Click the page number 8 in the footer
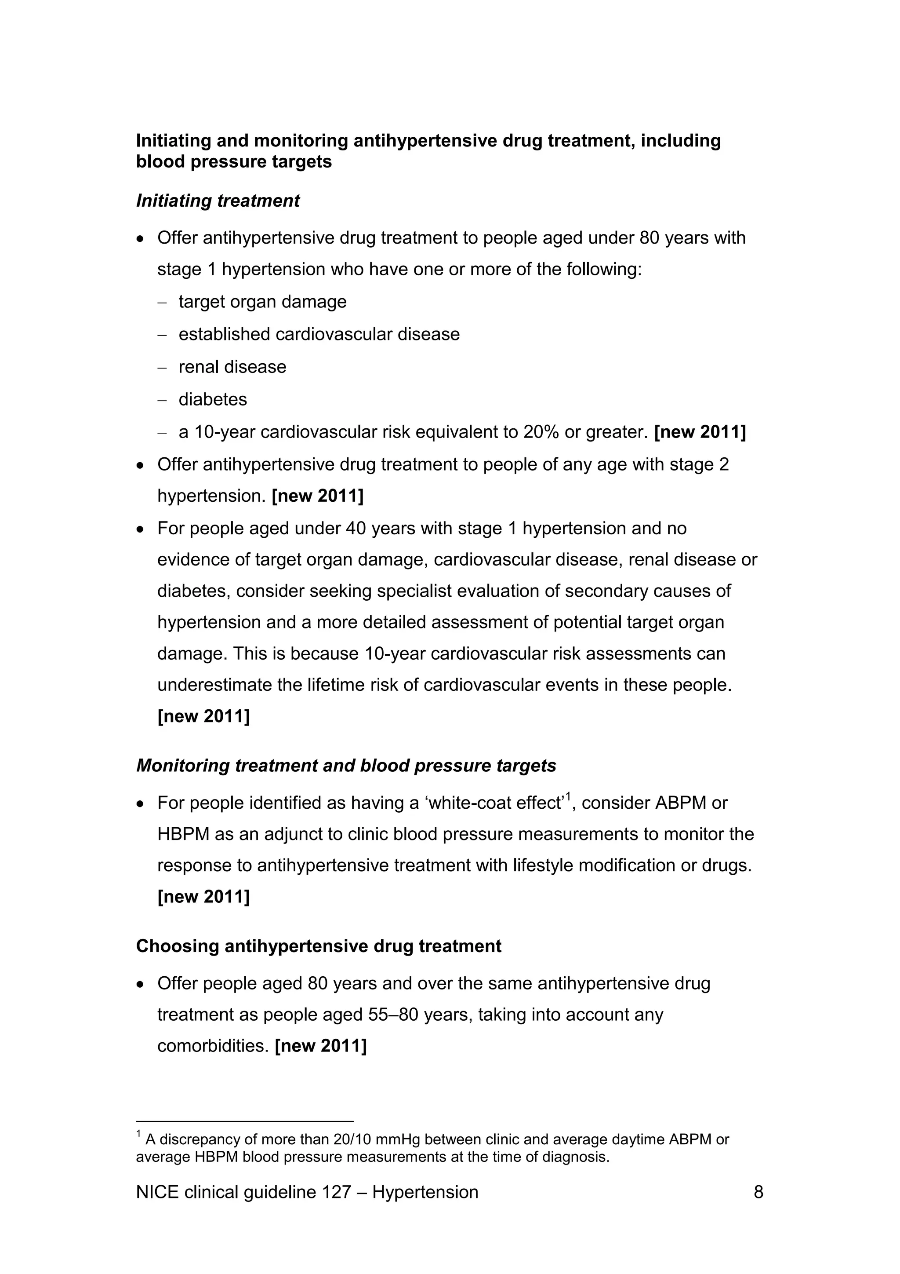tap(758, 1192)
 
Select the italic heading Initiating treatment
tap(218, 201)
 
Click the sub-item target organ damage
tap(262, 302)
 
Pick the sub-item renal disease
tap(232, 367)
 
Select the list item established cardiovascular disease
tap(319, 335)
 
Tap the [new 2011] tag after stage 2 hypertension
tap(317, 496)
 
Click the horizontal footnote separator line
tap(244, 1121)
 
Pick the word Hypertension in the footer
tap(425, 1192)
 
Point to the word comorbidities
tap(213, 1046)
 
